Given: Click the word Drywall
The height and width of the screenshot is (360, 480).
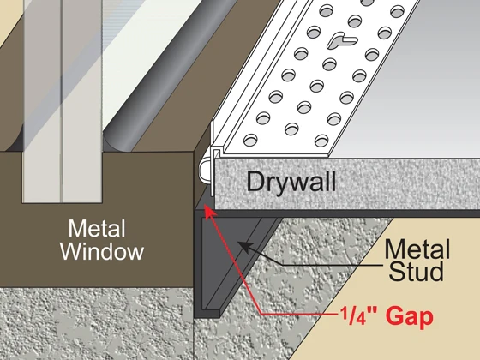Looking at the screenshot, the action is point(291,183).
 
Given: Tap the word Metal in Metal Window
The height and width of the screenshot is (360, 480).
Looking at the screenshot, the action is point(97,228).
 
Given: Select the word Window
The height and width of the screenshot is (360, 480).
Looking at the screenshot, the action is point(102,252).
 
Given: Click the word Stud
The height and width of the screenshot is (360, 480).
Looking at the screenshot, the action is point(416,271).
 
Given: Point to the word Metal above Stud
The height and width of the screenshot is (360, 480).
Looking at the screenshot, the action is point(417,249).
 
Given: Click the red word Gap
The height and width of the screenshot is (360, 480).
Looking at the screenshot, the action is point(410,316).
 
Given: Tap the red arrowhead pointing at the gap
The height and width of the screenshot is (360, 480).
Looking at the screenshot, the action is point(210,213).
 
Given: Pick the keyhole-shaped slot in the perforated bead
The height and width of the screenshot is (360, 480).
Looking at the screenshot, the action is point(342,41).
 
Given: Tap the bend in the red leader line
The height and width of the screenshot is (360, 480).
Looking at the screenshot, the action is point(261,314).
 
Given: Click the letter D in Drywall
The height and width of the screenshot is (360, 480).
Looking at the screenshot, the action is point(255,181).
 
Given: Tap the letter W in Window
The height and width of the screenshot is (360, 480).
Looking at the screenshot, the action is point(71,252).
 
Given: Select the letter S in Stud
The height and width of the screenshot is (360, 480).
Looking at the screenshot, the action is point(396,271).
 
